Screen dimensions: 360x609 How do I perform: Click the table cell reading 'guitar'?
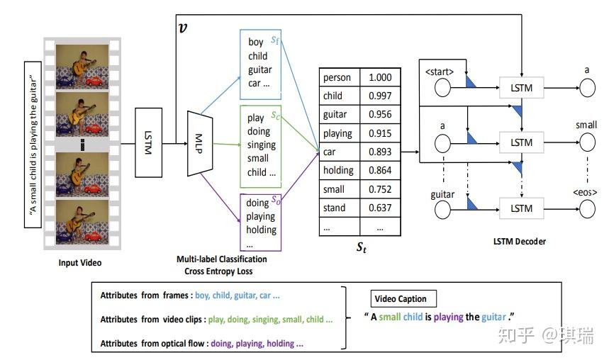pyautogui.click(x=335, y=114)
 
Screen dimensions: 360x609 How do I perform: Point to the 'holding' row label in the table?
pyautogui.click(x=337, y=170)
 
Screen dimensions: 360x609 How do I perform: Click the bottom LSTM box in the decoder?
pyautogui.click(x=521, y=208)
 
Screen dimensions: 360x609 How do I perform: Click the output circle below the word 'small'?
pyautogui.click(x=586, y=142)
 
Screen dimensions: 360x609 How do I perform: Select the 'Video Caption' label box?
pyautogui.click(x=404, y=298)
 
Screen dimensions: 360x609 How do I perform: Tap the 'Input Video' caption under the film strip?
pyautogui.click(x=80, y=263)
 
